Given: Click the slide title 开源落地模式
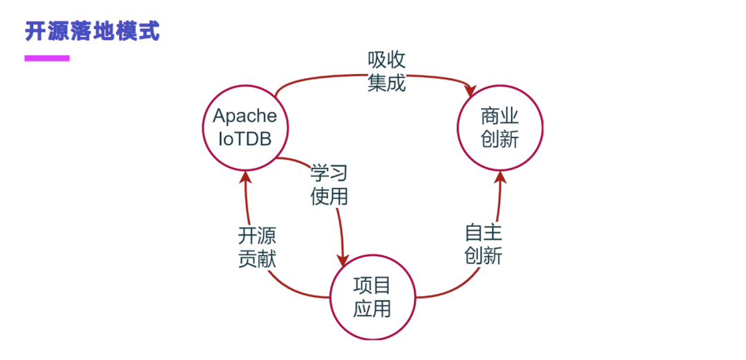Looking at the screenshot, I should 92,31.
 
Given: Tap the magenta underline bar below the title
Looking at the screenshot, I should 47,59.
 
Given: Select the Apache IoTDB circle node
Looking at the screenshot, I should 245,128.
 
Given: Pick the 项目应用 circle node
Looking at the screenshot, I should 372,296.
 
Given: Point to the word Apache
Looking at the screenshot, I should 245,115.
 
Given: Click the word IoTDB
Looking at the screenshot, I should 245,139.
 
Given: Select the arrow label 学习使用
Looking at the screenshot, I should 329,184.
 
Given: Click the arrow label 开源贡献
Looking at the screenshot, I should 258,247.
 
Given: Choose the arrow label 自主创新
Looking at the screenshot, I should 483,244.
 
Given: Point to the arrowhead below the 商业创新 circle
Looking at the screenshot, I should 501,178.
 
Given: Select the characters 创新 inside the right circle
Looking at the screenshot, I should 499,140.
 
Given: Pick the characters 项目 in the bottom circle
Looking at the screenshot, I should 372,285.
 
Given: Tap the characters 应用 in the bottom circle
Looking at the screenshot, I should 372,308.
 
